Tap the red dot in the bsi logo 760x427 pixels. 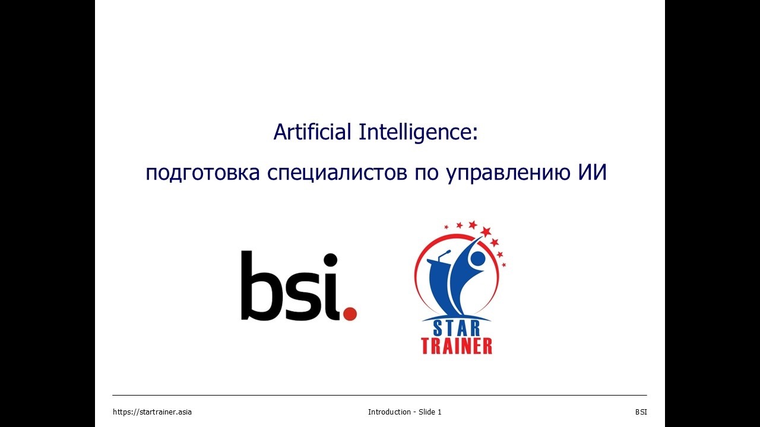tap(350, 313)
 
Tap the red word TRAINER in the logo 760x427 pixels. tap(457, 346)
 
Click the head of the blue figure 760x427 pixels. tap(477, 259)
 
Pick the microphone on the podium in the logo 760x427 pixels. tap(445, 254)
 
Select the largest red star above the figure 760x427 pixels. tap(486, 231)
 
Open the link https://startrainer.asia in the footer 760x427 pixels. tap(152, 412)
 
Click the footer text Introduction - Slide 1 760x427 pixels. tap(404, 412)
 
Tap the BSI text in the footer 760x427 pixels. tap(641, 412)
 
